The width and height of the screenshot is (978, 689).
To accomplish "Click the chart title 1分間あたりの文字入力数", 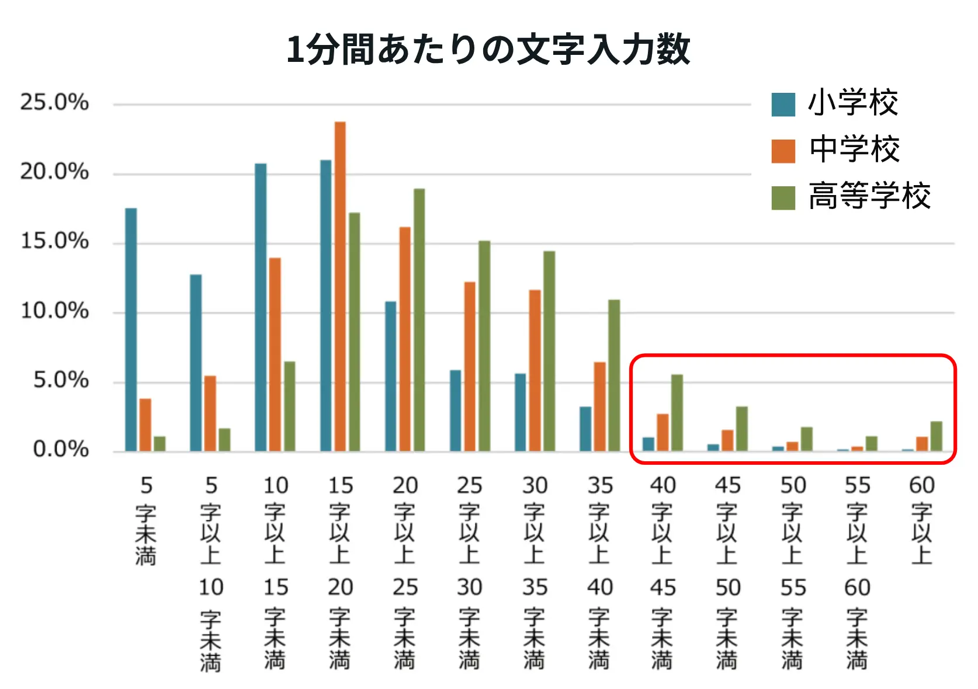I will click(488, 49).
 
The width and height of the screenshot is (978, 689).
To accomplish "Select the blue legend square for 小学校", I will click(783, 105).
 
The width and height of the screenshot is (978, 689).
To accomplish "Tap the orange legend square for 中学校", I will click(783, 151).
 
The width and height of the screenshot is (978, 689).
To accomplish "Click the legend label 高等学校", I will click(869, 196).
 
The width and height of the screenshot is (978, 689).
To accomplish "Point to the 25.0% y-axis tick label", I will click(54, 102).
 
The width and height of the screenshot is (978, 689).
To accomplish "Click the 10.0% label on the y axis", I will click(54, 311).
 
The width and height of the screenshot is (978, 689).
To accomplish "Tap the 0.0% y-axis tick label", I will click(61, 449).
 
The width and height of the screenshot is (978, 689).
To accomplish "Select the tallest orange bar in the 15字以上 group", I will click(340, 286).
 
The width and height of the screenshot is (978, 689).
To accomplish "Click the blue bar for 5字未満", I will click(131, 330).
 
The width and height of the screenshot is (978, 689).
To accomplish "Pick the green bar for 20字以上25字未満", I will click(419, 320).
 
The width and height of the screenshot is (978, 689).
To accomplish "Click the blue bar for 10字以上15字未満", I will click(261, 307).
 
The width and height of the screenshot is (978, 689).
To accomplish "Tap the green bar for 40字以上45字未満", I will click(677, 412).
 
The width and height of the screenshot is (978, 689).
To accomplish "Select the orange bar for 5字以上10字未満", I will click(210, 413).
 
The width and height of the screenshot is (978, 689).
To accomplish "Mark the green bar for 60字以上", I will click(936, 436).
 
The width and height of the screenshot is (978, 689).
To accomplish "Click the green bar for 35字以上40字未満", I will click(613, 375).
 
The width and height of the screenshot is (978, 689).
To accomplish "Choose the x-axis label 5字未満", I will click(145, 520).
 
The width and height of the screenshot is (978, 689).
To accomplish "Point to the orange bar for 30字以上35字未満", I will click(535, 370).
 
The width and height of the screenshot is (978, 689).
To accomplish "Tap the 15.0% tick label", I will click(54, 241).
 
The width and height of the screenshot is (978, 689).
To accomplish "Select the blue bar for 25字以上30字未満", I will click(455, 410).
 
